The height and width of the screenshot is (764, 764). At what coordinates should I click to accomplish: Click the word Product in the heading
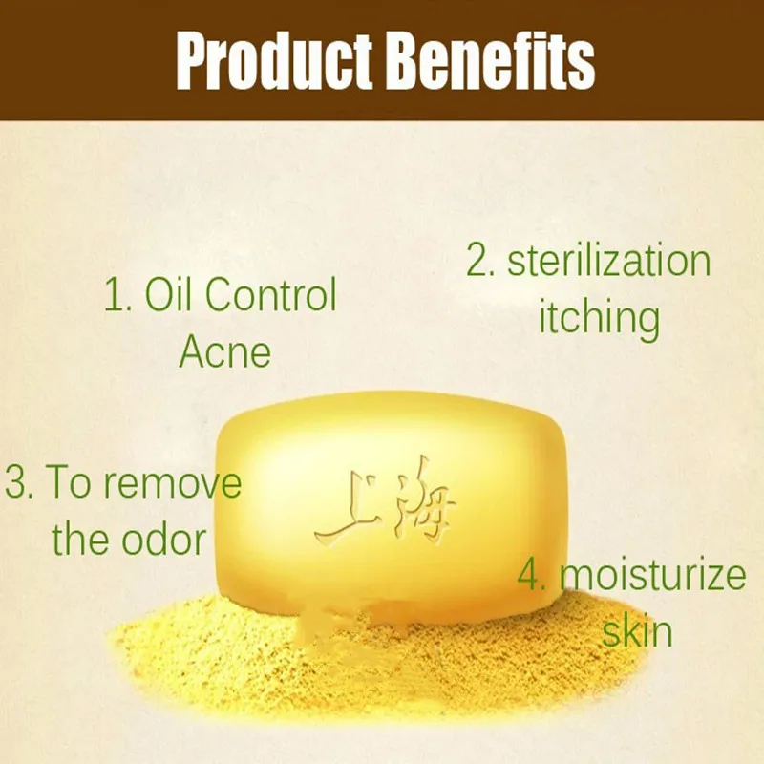(274, 61)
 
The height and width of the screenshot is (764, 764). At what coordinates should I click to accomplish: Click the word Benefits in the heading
(491, 61)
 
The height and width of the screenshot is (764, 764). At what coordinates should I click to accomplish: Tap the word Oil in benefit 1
(168, 294)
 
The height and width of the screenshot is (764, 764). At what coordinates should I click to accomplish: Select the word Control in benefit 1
(271, 294)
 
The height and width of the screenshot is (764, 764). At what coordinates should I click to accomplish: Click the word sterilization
(609, 261)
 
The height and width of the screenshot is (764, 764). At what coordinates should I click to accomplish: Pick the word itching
(600, 318)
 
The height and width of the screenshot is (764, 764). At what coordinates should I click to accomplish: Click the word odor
(163, 540)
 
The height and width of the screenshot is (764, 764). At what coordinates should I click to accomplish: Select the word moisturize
(653, 575)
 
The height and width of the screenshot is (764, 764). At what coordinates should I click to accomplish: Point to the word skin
(637, 631)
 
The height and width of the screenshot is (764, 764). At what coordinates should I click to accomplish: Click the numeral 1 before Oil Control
(115, 295)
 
